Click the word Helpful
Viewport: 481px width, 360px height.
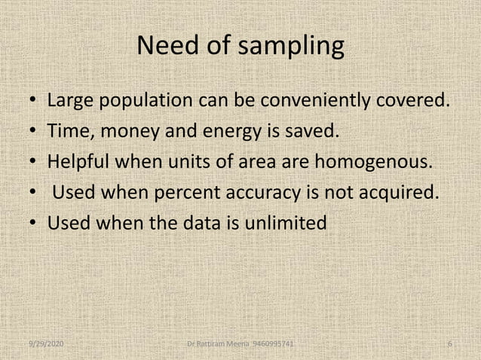[x=82, y=163]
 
